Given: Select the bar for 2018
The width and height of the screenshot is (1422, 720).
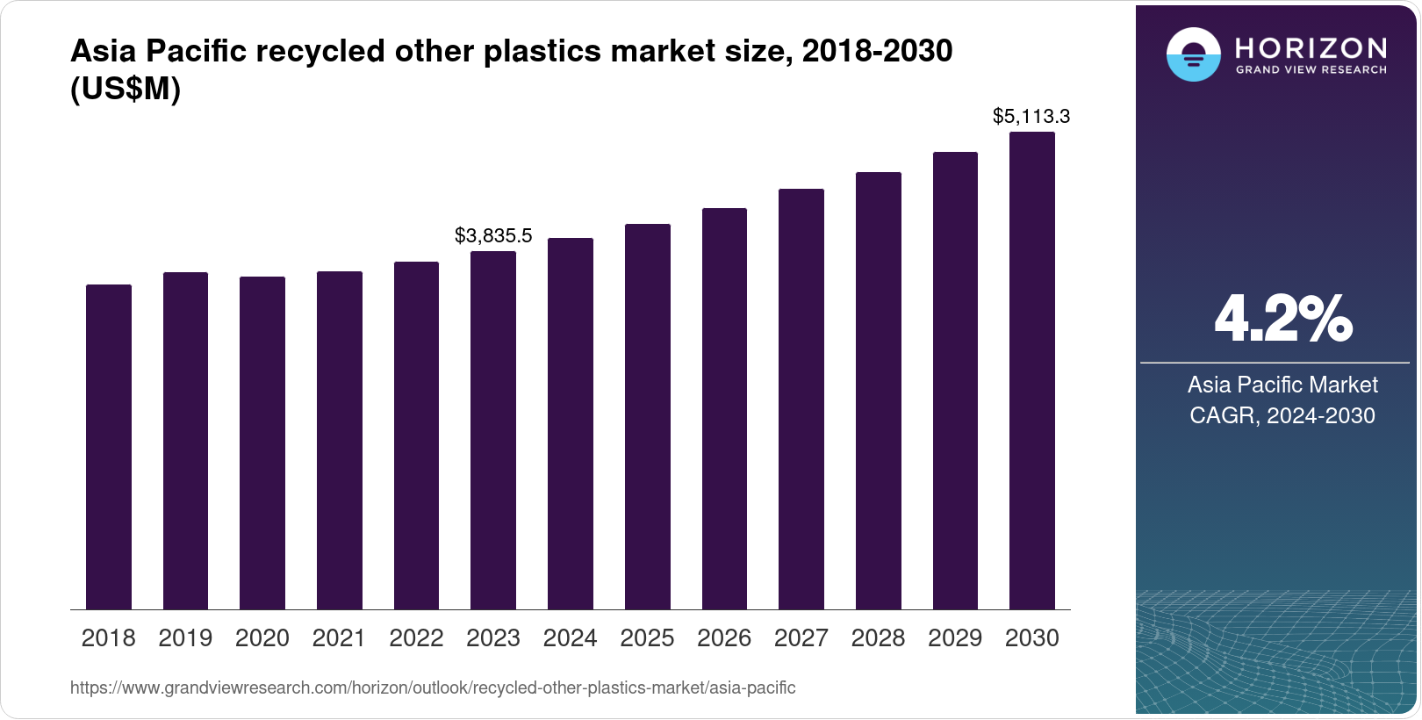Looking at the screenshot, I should [109, 447].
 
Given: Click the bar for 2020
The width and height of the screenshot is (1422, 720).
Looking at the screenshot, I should [262, 443].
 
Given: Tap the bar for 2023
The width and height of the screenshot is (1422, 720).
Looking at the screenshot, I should [493, 430].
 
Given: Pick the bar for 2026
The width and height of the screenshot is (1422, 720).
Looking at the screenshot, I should [724, 409].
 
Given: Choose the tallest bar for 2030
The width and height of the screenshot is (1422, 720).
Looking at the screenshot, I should [1032, 371].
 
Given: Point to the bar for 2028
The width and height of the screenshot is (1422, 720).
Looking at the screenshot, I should [878, 391].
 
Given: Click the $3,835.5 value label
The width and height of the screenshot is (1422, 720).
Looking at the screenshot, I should [493, 235].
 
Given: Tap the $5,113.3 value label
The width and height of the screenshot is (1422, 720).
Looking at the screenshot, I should [1031, 116].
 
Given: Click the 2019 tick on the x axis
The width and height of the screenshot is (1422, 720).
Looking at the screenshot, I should [185, 637].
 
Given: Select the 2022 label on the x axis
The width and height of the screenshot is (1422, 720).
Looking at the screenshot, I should [416, 637].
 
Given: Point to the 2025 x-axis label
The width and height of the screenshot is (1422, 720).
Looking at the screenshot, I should [647, 637].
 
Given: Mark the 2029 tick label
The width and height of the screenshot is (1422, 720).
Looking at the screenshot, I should [955, 637].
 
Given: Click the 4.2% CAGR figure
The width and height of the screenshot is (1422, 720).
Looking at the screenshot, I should [1282, 319].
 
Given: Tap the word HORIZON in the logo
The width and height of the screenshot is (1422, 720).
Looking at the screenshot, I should [1311, 47].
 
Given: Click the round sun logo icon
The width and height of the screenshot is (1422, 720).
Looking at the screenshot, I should [1193, 54].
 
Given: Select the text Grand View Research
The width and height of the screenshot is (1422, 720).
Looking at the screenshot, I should [1311, 70].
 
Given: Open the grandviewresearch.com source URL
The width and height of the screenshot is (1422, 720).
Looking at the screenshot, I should [433, 688].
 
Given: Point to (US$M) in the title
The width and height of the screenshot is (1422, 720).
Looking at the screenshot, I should [126, 89].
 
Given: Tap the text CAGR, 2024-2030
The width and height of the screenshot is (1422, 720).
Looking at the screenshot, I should [1282, 415].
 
